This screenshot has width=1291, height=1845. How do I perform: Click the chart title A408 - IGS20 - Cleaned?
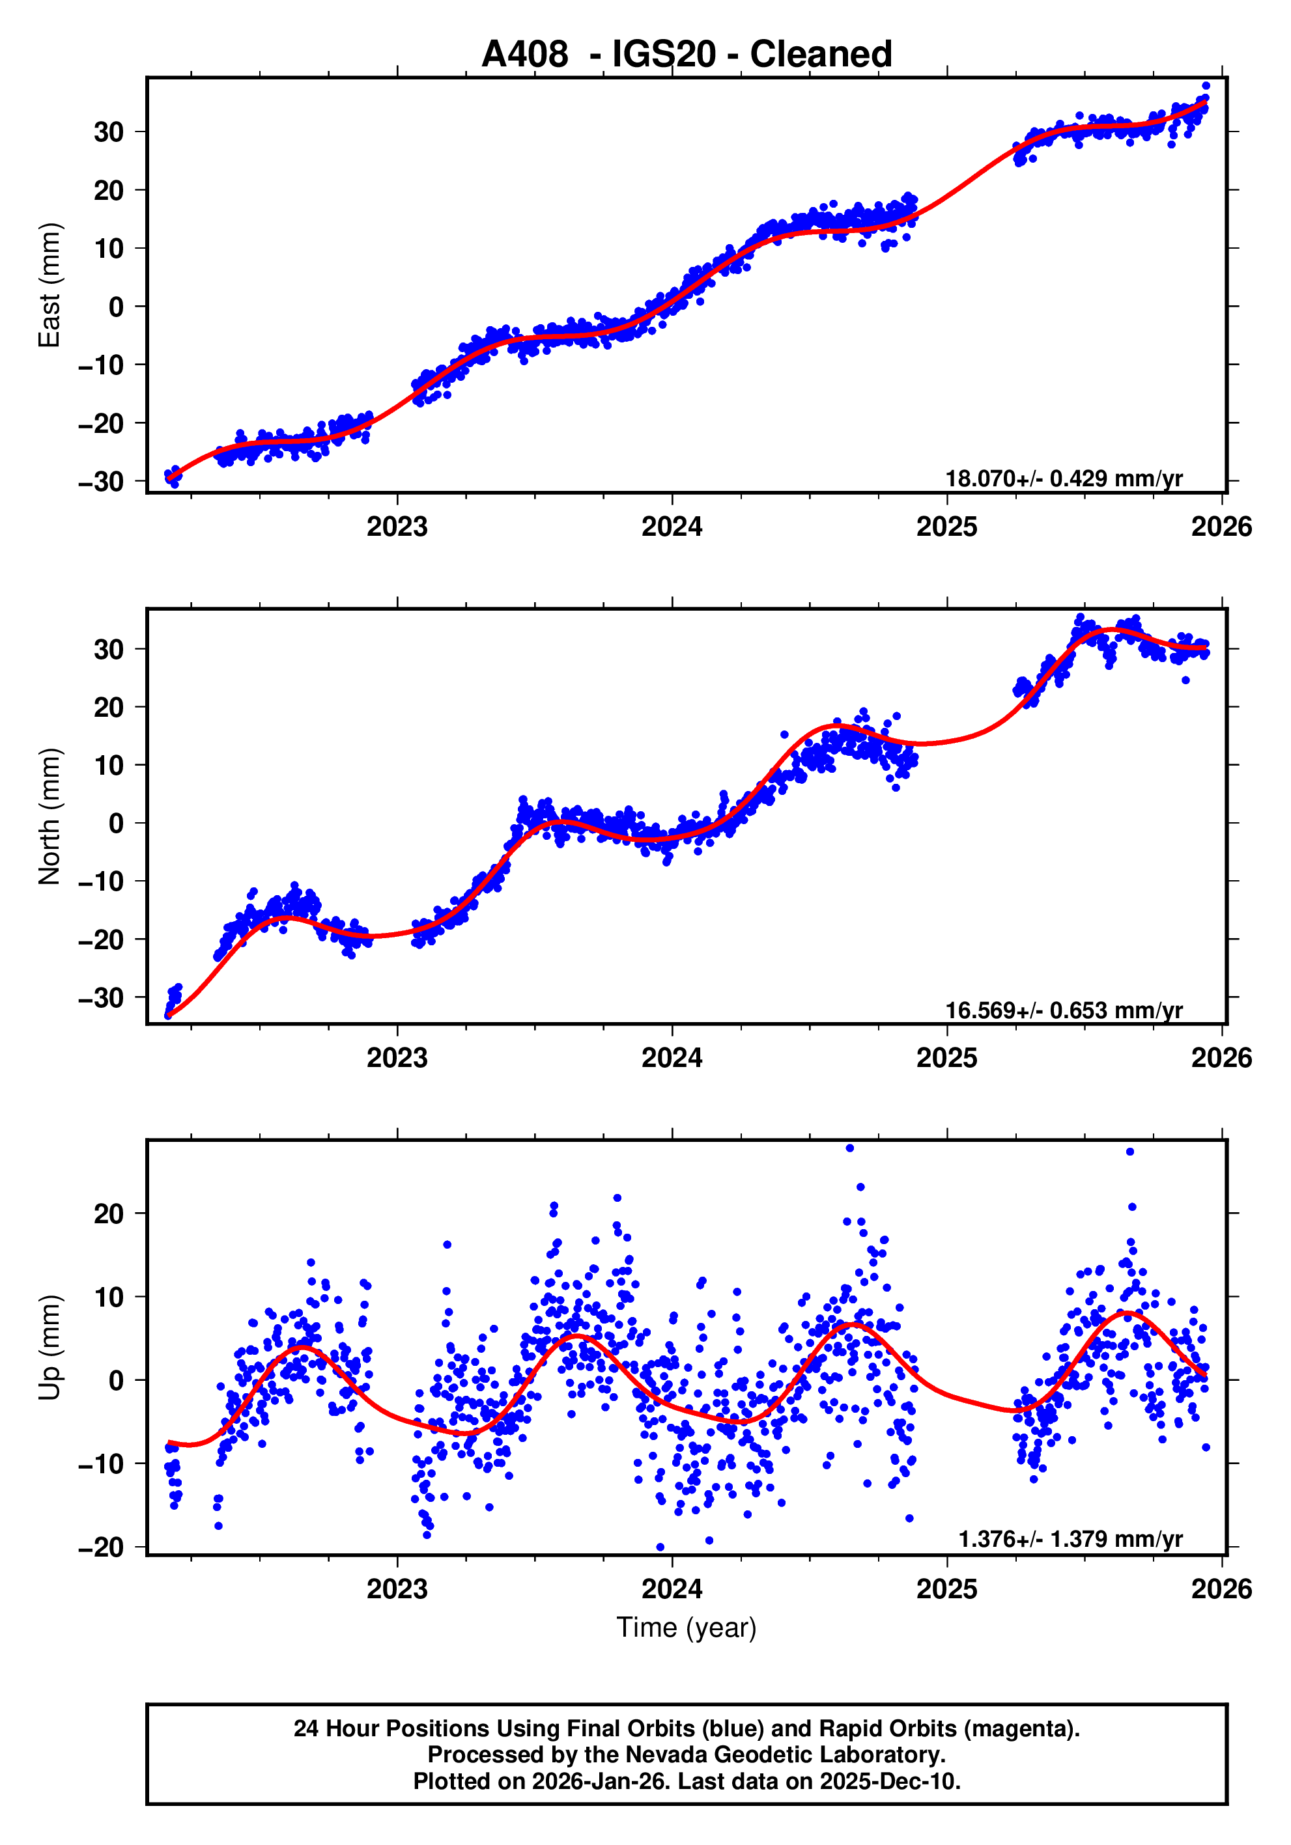point(687,55)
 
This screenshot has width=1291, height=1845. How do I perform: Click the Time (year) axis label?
point(687,1627)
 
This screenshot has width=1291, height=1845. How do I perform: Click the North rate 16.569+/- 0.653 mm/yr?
point(1064,1010)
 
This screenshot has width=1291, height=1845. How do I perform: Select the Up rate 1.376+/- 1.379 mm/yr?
point(1070,1539)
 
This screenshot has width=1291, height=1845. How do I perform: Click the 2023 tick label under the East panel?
point(397,527)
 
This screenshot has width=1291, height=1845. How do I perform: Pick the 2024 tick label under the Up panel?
point(672,1589)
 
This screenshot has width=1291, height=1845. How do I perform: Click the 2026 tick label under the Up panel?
point(1221,1589)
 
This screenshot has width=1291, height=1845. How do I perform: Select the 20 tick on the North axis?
point(109,708)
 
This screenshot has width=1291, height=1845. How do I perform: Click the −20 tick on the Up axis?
point(101,1547)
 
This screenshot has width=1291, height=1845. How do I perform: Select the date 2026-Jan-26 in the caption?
point(601,1781)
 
